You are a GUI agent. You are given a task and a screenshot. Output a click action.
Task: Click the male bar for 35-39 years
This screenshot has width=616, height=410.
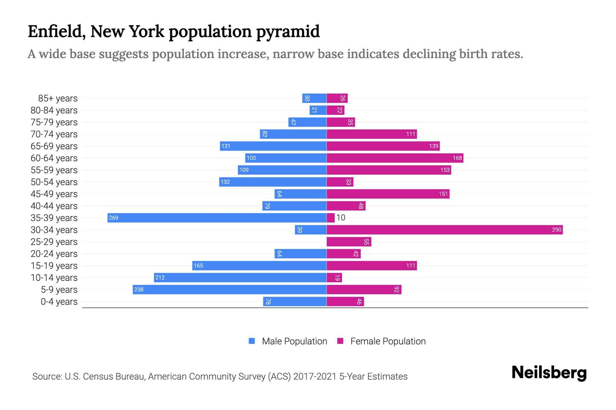point(217,218)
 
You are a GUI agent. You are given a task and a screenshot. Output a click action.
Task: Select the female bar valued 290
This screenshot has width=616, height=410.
point(445,230)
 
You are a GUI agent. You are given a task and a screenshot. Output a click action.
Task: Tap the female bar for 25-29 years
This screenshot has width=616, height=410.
point(349,242)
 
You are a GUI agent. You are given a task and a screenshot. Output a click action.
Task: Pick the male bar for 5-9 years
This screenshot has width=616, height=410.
point(230,290)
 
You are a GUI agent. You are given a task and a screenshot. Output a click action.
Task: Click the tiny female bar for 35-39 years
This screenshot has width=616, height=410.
point(331,218)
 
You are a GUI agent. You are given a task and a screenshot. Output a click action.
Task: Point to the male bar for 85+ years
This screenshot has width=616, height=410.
point(315,98)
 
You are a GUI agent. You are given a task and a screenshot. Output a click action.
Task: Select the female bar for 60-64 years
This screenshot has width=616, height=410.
point(395,158)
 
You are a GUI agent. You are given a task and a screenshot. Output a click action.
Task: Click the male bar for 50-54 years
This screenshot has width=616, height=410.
point(273,182)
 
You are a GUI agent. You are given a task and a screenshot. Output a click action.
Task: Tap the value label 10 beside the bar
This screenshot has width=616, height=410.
point(341,218)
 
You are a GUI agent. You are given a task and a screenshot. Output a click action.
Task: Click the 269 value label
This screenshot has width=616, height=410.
point(113,218)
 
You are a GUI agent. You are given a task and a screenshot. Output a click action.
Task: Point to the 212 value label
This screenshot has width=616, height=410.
point(160,278)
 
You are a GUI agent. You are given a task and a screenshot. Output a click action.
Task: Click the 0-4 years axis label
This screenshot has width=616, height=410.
point(59,302)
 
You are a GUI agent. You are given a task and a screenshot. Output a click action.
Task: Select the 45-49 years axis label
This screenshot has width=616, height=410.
point(54,194)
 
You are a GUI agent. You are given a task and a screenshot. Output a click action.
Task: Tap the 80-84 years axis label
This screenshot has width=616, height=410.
point(54,110)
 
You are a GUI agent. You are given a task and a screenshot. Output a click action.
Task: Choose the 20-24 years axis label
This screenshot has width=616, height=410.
point(54,254)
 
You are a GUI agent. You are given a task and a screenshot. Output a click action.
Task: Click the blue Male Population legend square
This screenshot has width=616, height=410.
point(252,341)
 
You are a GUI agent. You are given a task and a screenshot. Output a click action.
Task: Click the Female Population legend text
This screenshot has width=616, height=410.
point(388,341)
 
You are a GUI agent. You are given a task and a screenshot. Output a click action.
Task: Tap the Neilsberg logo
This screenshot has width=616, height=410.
point(549,373)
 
